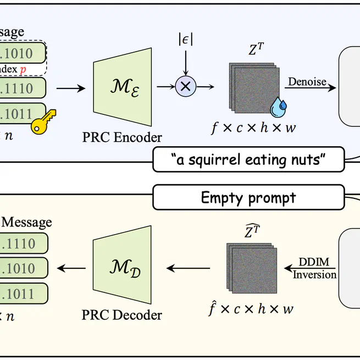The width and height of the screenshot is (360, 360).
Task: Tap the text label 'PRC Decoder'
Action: coord(122,315)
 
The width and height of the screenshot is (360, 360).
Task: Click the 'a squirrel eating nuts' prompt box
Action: coord(248,159)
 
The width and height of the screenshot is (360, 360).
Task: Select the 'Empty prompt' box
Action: coord(248,198)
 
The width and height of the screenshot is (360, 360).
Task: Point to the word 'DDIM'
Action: coord(314,263)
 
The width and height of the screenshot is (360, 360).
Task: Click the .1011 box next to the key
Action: coord(22,114)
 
